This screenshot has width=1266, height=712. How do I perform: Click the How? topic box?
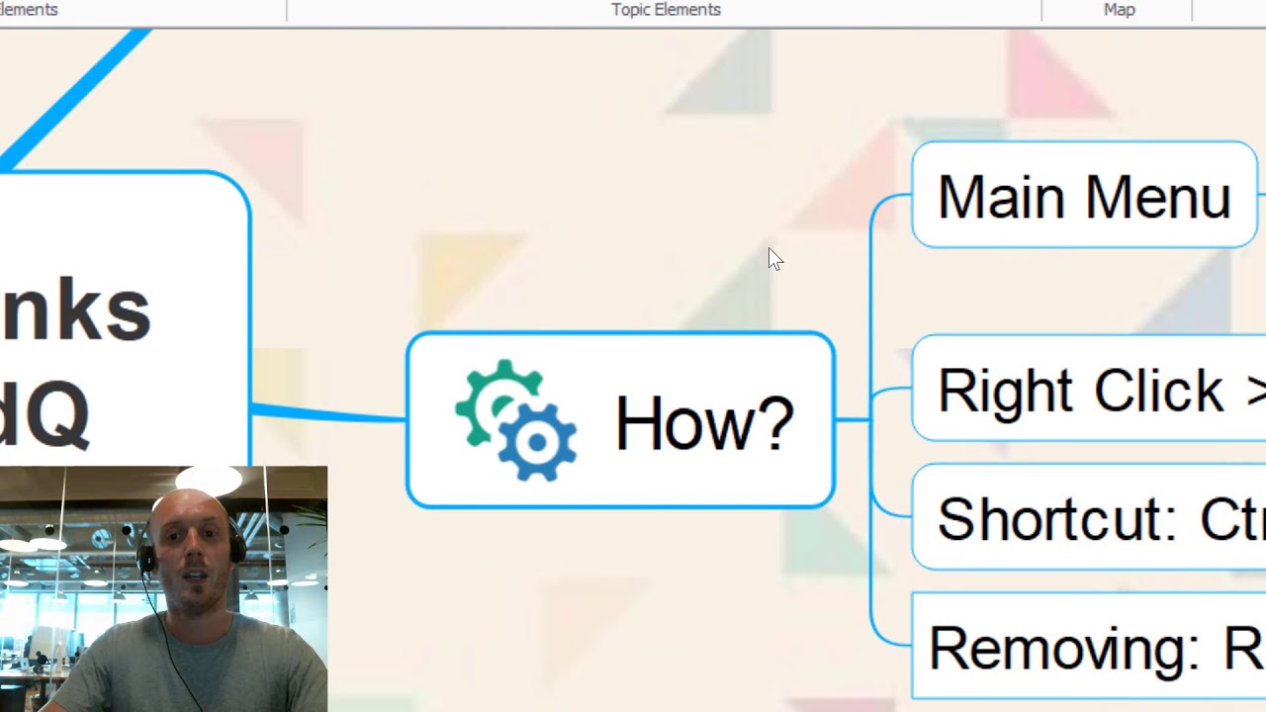click(x=620, y=420)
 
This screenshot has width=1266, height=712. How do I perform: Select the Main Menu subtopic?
click(x=1084, y=195)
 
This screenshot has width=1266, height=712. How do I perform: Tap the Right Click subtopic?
click(x=1088, y=389)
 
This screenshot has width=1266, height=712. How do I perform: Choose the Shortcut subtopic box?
click(x=1088, y=517)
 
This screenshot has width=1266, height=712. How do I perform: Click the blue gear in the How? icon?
click(x=537, y=442)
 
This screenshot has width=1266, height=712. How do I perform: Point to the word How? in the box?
click(x=704, y=423)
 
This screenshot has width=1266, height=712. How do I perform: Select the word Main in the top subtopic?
click(x=1003, y=197)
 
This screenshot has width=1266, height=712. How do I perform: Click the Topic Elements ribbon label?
click(x=666, y=10)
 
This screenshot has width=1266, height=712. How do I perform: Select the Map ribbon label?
click(x=1119, y=10)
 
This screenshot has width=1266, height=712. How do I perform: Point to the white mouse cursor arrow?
click(x=774, y=258)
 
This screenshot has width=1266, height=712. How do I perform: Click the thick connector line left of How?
click(x=326, y=413)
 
